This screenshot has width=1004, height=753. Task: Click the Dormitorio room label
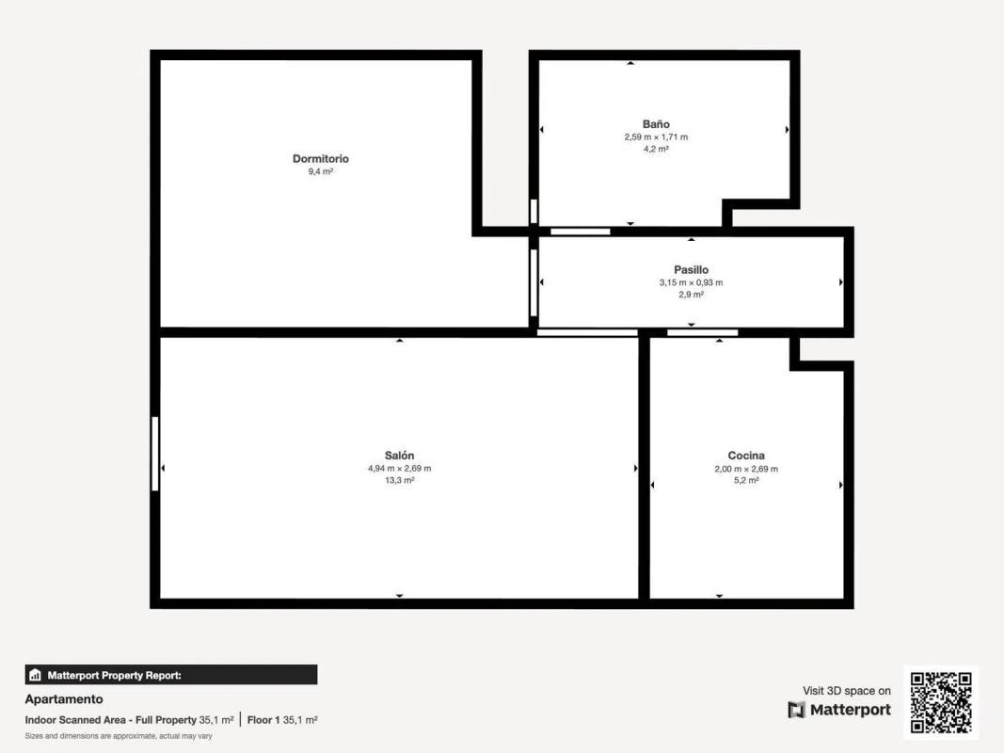click(x=320, y=158)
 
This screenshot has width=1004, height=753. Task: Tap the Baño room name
click(x=656, y=123)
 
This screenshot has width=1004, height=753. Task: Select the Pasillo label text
click(x=691, y=269)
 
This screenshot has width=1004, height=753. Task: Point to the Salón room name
click(x=399, y=456)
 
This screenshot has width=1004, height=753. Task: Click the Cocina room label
click(x=746, y=456)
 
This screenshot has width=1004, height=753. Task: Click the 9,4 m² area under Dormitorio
click(x=320, y=171)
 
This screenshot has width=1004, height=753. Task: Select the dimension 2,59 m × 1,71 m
click(x=656, y=137)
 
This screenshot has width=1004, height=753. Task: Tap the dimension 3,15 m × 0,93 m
click(x=691, y=282)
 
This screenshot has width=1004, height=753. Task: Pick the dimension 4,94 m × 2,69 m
click(x=399, y=468)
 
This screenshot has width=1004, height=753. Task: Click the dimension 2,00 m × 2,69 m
click(x=746, y=469)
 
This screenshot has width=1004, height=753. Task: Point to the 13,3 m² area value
click(x=399, y=480)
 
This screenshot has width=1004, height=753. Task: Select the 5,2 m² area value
click(x=746, y=480)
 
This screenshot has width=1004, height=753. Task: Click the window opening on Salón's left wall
click(x=155, y=454)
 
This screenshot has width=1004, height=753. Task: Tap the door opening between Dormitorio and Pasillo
click(x=534, y=282)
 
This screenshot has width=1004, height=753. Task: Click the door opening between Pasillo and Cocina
click(x=702, y=332)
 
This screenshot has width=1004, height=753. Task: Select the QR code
click(x=941, y=702)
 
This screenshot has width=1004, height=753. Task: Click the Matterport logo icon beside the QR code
click(x=797, y=710)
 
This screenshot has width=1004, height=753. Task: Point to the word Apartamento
click(x=64, y=699)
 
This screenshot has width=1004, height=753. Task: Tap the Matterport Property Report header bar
click(x=171, y=675)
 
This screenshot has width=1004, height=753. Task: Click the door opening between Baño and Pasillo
click(x=581, y=232)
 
